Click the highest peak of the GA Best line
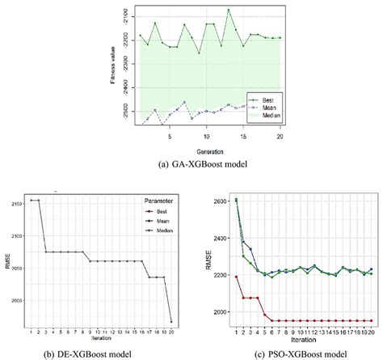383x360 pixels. (229, 11)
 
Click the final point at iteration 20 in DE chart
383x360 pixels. (171, 322)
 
